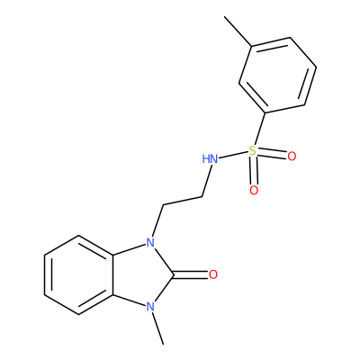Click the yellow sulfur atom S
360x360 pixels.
pyautogui.click(x=253, y=151)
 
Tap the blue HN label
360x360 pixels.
pyautogui.click(x=210, y=159)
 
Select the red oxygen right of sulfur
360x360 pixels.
pyautogui.click(x=292, y=157)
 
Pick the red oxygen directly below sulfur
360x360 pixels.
pyautogui.click(x=254, y=190)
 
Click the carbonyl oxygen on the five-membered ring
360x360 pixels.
pyautogui.click(x=213, y=274)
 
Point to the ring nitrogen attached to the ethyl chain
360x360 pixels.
pyautogui.click(x=150, y=242)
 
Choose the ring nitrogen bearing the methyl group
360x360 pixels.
pyautogui.click(x=150, y=307)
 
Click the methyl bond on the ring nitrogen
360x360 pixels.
pyautogui.click(x=157, y=328)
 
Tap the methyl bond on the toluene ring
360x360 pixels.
pyautogui.click(x=238, y=31)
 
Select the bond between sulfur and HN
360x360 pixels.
pyautogui.click(x=233, y=156)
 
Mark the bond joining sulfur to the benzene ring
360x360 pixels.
pyautogui.click(x=260, y=130)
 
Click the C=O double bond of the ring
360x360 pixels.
pyautogui.click(x=191, y=274)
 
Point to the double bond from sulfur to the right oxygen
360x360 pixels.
pyautogui.click(x=272, y=154)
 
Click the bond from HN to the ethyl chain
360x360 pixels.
pyautogui.click(x=207, y=181)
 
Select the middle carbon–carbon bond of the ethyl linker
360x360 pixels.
pyautogui.click(x=183, y=201)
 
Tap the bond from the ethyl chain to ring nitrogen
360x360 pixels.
pyautogui.click(x=157, y=220)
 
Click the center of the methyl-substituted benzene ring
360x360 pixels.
pyautogui.click(x=277, y=76)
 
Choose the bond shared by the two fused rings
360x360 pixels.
pyautogui.click(x=113, y=274)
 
